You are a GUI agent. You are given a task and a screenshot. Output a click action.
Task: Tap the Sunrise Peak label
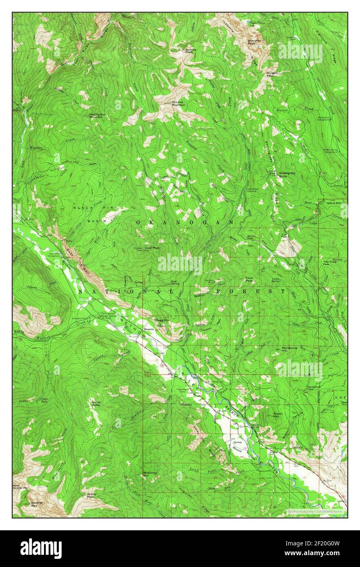191,51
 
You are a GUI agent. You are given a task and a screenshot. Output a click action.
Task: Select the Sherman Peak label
255,42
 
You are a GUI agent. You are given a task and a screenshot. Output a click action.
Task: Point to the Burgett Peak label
272,74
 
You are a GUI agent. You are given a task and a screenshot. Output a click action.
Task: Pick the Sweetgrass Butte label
287,173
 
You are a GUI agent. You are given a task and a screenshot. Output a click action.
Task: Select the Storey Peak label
91,495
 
